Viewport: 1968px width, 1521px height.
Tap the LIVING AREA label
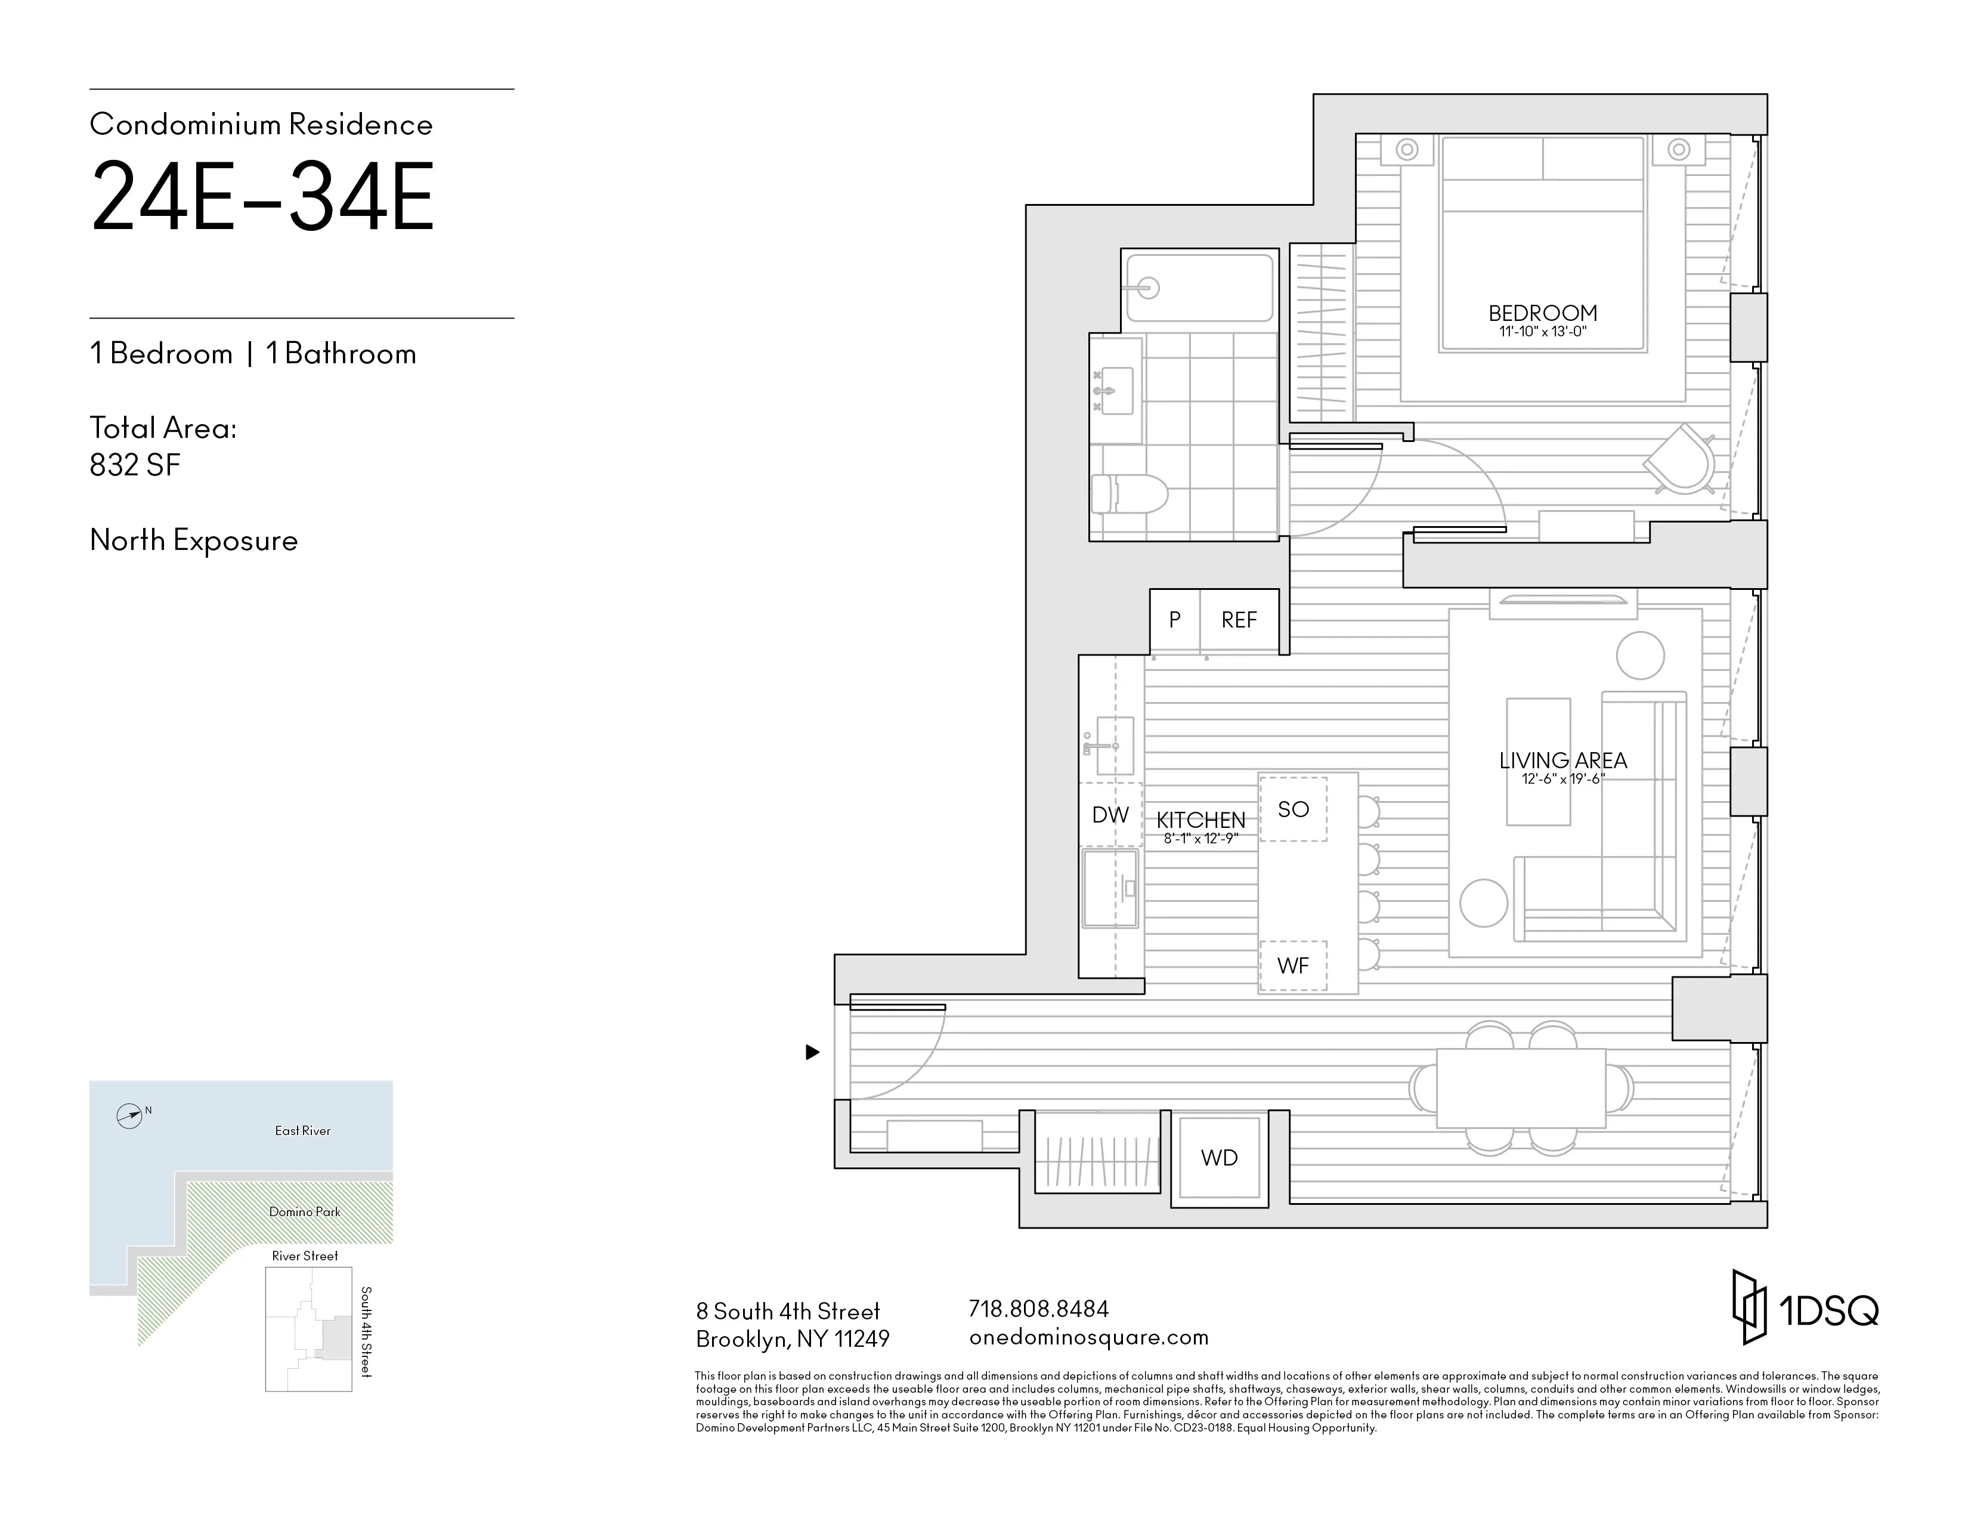pos(1562,760)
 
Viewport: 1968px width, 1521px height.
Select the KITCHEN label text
pos(1200,820)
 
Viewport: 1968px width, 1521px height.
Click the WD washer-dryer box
pos(1219,1158)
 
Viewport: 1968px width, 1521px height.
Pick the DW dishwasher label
pos(1110,815)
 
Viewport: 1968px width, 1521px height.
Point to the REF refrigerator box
pos(1239,620)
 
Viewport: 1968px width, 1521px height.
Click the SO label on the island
pos(1293,809)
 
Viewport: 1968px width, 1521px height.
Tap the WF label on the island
pos(1293,966)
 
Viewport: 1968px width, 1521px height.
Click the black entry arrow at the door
pos(812,1052)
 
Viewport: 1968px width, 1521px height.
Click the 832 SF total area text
pos(135,465)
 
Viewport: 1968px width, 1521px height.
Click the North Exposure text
pos(194,540)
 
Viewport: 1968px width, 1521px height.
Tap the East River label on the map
pos(303,1131)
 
